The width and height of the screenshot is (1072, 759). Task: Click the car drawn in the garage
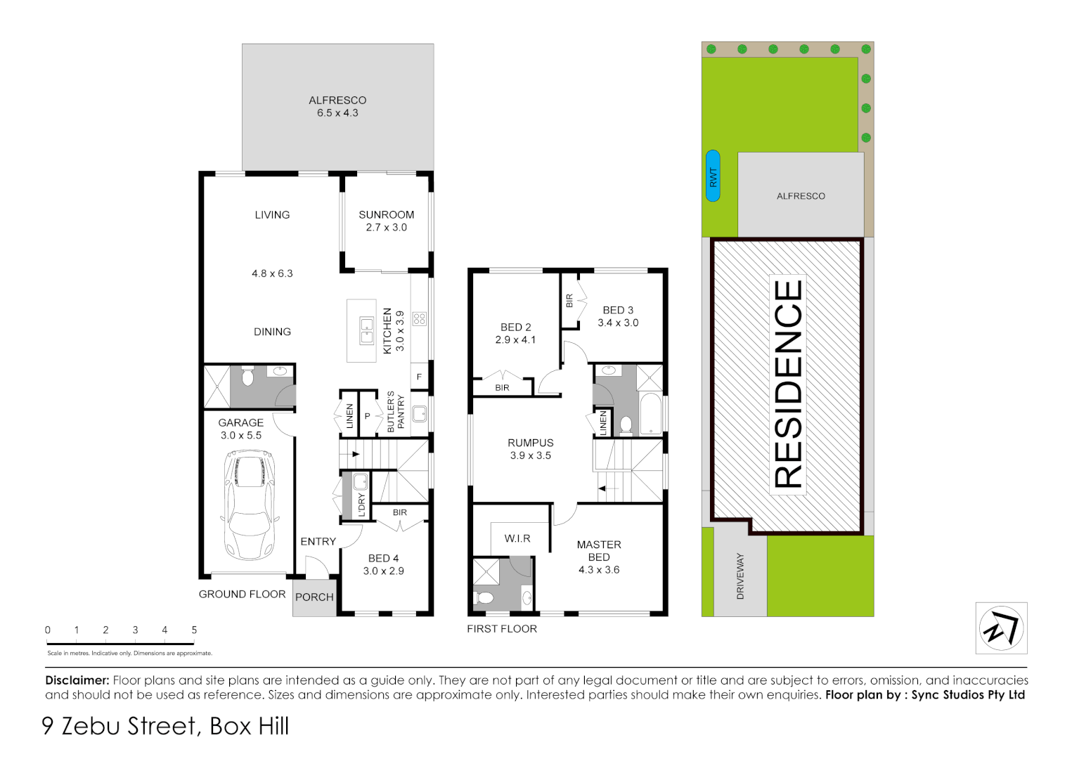tap(250, 505)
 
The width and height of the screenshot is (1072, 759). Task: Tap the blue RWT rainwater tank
tap(713, 176)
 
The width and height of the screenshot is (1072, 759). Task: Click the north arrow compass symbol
tap(1001, 628)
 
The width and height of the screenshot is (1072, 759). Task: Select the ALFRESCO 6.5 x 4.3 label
tap(337, 107)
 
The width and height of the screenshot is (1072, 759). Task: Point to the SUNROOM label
tap(386, 215)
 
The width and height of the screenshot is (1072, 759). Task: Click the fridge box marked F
tap(419, 377)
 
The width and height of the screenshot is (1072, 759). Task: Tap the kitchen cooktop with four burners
tap(420, 319)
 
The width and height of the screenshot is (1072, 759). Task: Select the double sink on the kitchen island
tap(366, 331)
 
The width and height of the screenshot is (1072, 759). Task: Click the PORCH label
tap(314, 597)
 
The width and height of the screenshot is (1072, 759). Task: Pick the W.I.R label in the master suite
tap(517, 539)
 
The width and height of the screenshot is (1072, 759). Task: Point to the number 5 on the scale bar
tap(194, 630)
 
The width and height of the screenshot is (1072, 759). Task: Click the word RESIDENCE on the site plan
tap(788, 384)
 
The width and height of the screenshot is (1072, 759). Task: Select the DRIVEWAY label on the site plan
tap(740, 576)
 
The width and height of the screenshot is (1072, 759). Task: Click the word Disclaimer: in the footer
tap(77, 680)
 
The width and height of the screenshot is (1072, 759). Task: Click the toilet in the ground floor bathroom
tap(247, 378)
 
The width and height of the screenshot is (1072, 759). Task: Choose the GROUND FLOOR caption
tap(242, 595)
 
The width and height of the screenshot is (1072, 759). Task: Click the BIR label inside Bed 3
tap(569, 301)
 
